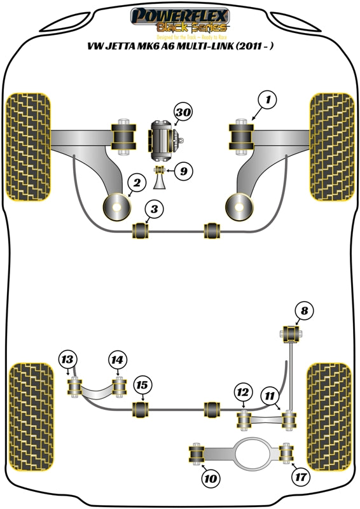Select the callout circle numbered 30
pos(183,113)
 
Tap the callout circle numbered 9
pos(183,171)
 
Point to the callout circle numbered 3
pos(153,209)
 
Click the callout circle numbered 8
pos(305,311)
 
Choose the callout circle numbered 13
pos(67,359)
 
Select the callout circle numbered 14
pos(116,359)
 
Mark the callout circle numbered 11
pos(271,396)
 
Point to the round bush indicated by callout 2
pos(116,206)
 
